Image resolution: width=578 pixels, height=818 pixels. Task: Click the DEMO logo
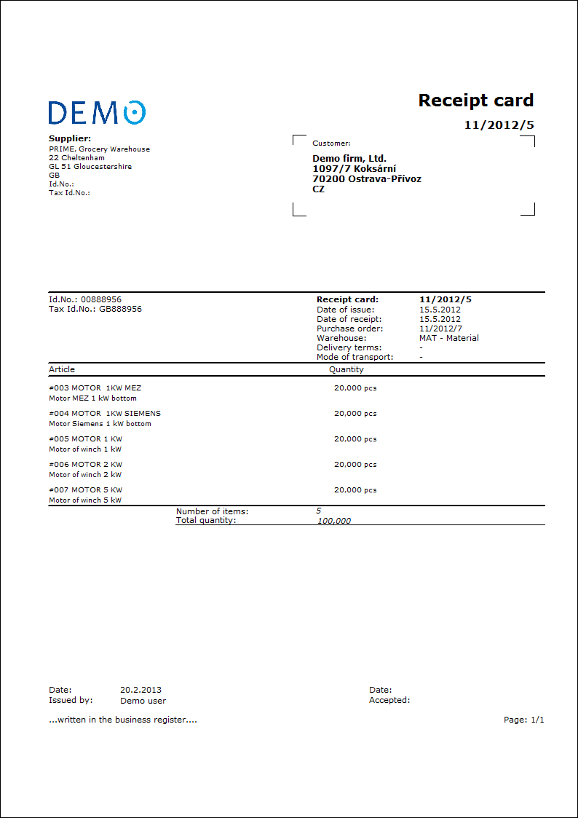point(97,112)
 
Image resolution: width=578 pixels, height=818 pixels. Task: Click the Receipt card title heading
point(475,101)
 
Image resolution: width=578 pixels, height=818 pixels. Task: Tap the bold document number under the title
point(499,125)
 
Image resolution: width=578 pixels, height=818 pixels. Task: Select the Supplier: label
point(70,138)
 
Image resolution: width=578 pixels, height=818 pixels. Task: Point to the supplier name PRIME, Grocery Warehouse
point(99,149)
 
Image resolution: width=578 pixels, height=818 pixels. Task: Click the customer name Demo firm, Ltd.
point(349,159)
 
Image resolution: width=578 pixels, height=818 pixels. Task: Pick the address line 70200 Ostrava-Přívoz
point(367,179)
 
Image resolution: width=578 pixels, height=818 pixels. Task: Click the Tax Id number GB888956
point(121,309)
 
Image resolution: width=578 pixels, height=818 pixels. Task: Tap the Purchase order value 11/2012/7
point(440,329)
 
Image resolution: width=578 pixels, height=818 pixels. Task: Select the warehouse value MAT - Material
point(449,338)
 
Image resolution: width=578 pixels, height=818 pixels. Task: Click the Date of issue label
point(346,310)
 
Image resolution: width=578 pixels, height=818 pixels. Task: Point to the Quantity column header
point(346,369)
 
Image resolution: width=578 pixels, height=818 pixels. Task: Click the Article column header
point(62,369)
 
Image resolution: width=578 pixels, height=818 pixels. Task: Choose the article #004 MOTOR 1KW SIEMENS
point(105,414)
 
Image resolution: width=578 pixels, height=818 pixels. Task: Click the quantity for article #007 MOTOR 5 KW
point(355,490)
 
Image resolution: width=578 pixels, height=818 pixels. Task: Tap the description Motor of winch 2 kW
point(85,475)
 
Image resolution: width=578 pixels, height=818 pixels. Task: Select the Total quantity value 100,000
point(334,521)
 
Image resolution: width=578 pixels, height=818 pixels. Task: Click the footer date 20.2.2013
point(140,690)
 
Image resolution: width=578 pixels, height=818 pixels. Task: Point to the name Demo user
point(143,701)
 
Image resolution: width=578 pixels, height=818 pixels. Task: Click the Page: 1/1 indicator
point(523,720)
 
